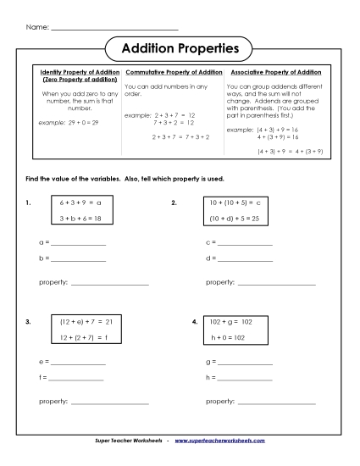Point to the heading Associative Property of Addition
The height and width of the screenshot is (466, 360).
tap(274, 72)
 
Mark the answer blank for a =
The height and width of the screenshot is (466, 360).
tap(80, 243)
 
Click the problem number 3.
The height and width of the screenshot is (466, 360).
tap(28, 323)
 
